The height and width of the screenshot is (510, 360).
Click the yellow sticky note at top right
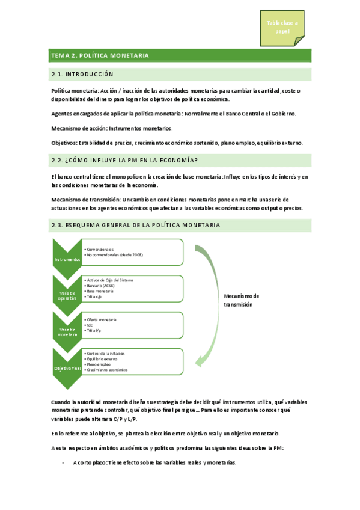pyautogui.click(x=282, y=27)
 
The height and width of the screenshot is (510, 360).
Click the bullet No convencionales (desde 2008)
pyautogui.click(x=118, y=255)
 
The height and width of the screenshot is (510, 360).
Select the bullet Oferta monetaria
pyautogui.click(x=102, y=319)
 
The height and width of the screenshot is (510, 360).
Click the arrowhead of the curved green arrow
pyautogui.click(x=198, y=361)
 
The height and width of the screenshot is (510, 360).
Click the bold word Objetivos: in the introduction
pyautogui.click(x=64, y=143)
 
